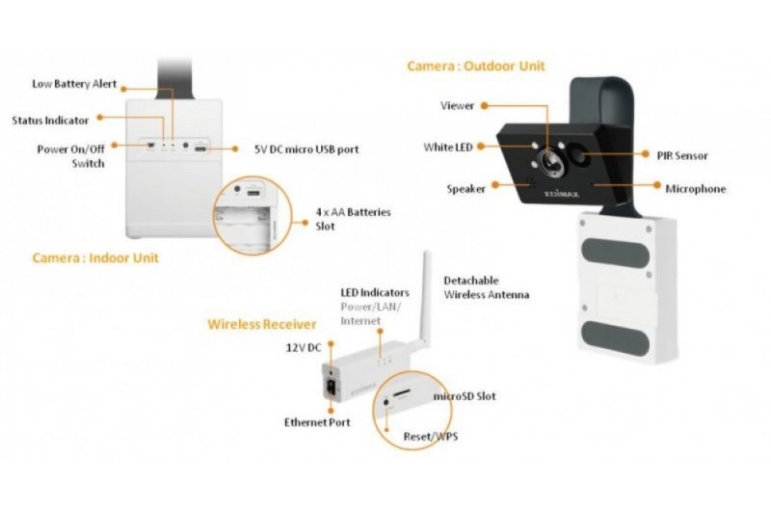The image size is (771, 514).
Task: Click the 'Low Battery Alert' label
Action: point(74,84)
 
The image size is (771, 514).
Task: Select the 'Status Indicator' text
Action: point(50,121)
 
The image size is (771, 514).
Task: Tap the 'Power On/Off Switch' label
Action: point(70,156)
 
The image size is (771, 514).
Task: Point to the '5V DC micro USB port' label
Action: point(306,149)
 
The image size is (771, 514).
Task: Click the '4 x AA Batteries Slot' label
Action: point(353,219)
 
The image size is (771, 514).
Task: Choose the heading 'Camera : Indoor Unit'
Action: point(95,257)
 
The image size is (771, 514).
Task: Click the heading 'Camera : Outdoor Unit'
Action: point(476,66)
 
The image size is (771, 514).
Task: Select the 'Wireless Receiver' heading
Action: point(261,324)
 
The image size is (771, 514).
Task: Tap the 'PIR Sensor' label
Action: point(682,156)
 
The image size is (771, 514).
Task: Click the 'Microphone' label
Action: point(695,189)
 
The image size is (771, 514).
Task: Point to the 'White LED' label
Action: point(448,148)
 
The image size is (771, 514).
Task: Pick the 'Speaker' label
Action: point(465,189)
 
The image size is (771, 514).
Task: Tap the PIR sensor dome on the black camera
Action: point(580,157)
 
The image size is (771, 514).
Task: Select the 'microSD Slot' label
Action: point(465,396)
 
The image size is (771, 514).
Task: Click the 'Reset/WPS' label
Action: point(430,436)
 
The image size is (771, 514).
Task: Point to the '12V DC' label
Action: point(304,348)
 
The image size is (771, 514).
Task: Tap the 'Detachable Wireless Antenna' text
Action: point(487,287)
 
